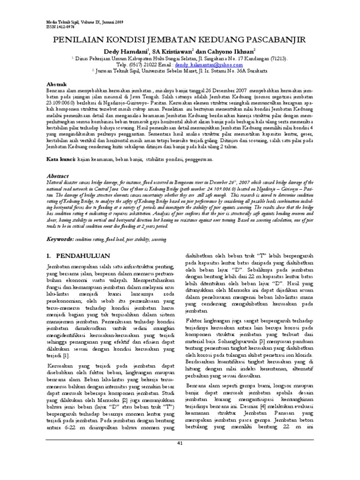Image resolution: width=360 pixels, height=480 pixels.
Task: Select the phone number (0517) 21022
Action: point(141,65)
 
